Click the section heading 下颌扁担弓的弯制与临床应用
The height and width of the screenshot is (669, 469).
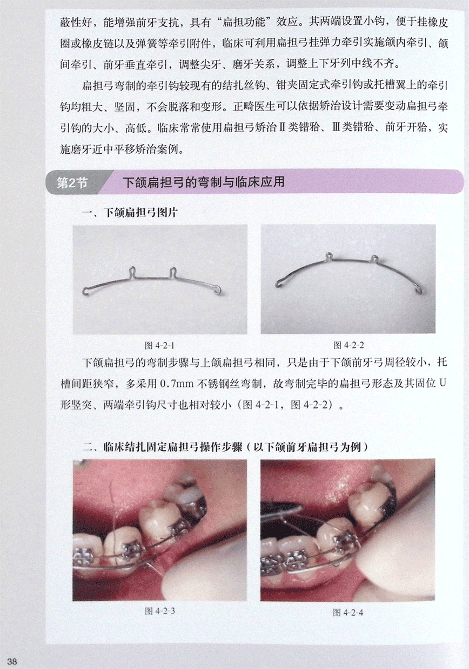(x=204, y=182)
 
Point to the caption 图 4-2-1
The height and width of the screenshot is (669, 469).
(x=159, y=346)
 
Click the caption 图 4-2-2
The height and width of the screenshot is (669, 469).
(x=349, y=345)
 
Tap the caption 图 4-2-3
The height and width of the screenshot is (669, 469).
(x=160, y=611)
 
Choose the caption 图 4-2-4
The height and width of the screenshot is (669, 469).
(x=348, y=613)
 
